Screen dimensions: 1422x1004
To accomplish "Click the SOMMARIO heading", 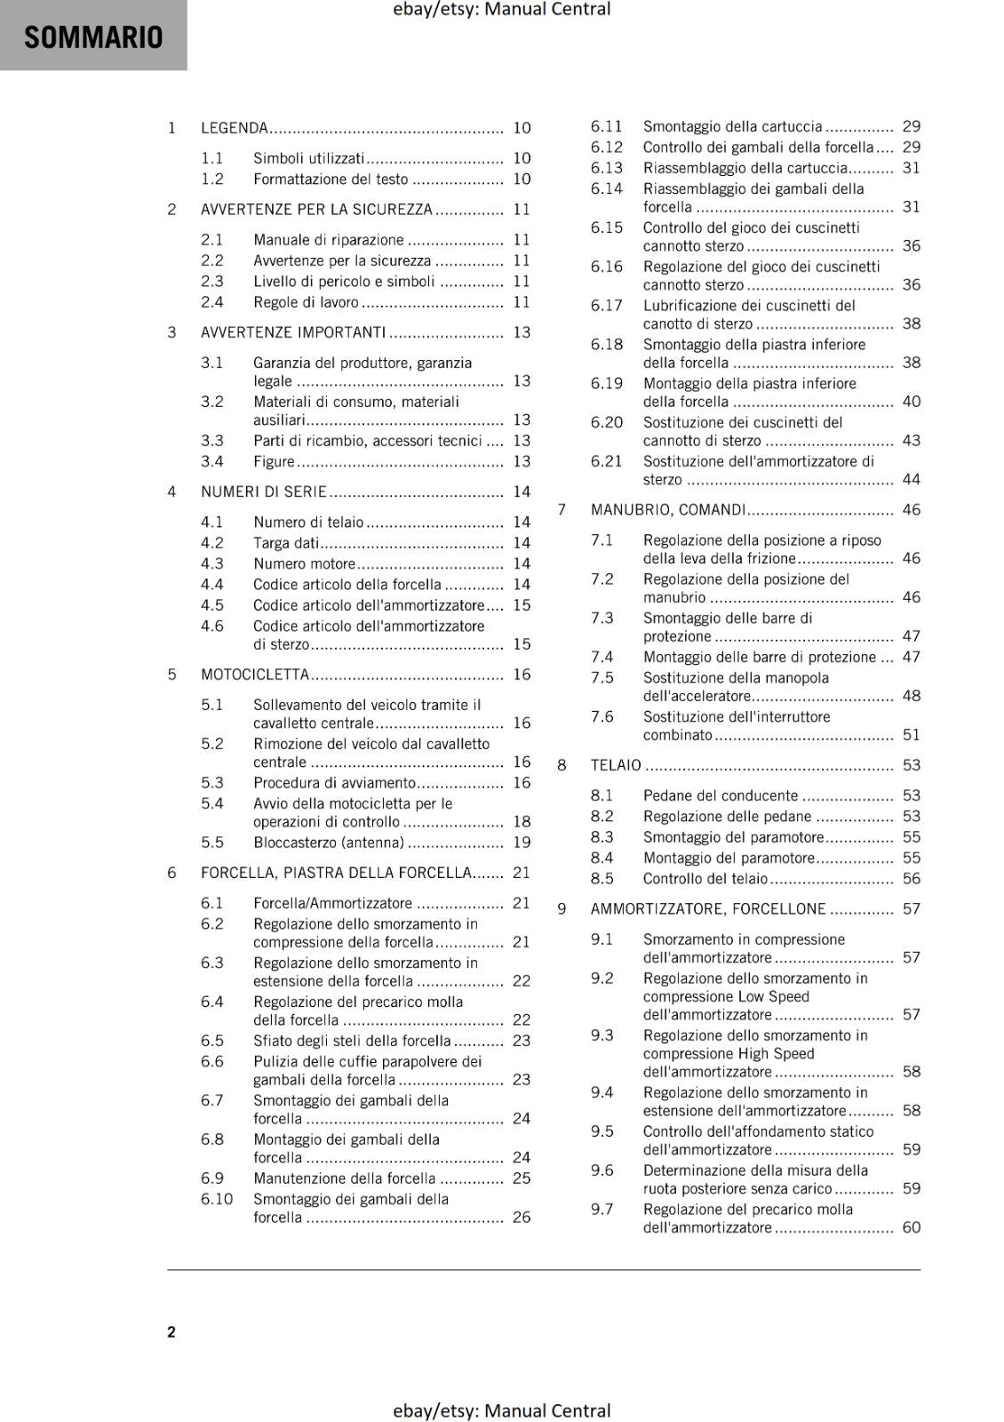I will click(93, 37).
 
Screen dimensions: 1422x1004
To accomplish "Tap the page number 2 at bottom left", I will click(171, 1331).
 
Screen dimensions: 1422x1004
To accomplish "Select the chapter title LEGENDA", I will click(235, 128).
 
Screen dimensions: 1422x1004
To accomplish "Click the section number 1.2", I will click(212, 179).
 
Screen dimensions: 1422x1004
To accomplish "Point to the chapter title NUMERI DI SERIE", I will click(264, 491).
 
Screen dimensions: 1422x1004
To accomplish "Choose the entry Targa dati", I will click(286, 542).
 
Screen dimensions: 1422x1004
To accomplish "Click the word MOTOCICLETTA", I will click(255, 675).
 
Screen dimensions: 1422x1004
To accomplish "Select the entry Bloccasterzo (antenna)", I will click(329, 842).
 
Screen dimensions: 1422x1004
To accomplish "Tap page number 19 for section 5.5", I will click(522, 842).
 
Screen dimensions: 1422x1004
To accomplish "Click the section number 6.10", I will click(217, 1199).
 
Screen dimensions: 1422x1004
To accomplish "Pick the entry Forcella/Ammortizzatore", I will click(333, 903).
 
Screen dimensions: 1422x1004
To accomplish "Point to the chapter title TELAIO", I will click(616, 765).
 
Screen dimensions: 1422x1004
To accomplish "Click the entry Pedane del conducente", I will click(721, 795).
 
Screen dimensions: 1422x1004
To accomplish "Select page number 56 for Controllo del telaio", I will click(912, 878).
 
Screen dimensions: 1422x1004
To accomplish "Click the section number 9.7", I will click(602, 1209).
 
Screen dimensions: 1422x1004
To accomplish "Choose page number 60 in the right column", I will click(912, 1227).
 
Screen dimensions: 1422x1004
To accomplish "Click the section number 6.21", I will click(607, 461).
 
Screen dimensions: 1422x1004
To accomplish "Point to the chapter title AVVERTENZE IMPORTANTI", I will click(293, 332).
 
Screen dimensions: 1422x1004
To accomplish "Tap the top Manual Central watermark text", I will click(501, 10).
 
